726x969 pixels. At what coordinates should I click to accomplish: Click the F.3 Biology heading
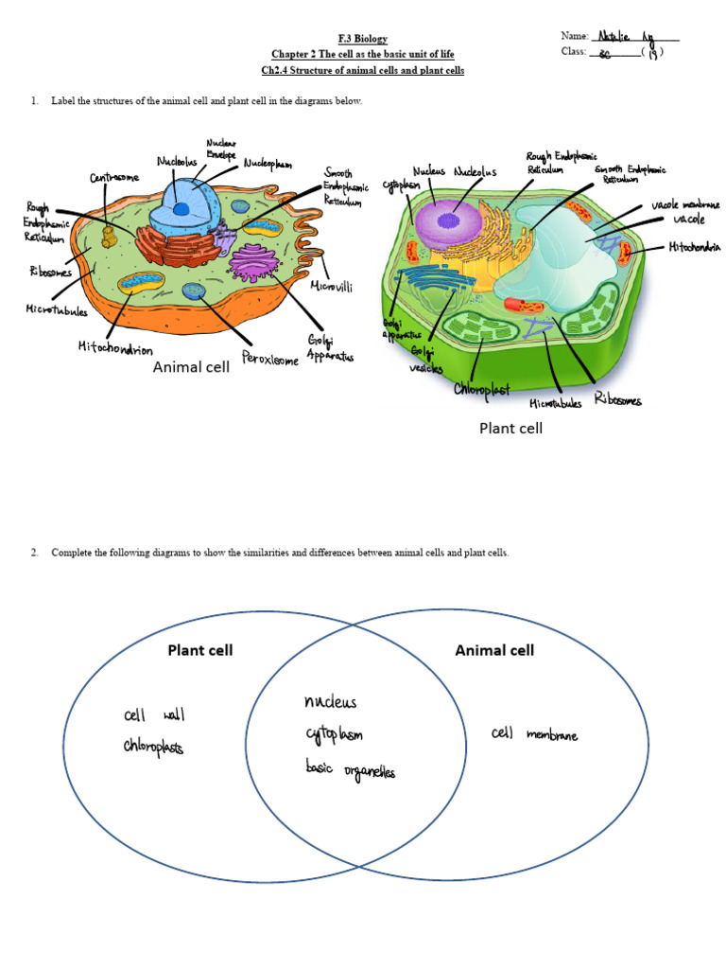pos(363,39)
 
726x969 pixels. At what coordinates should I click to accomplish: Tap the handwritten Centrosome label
pos(114,177)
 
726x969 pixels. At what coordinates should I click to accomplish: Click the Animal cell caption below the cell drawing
pos(191,367)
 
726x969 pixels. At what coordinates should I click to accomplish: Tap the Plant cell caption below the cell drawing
pos(510,428)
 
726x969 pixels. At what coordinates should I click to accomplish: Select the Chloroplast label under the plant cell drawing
pos(482,389)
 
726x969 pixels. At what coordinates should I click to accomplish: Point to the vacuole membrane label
pos(685,204)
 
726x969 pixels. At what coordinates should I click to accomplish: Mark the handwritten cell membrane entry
pos(535,734)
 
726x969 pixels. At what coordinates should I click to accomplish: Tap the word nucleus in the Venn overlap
pos(330,702)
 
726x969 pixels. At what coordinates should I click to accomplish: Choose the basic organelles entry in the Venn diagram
pos(350,769)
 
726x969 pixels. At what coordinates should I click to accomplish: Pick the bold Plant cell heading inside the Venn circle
pos(199,650)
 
